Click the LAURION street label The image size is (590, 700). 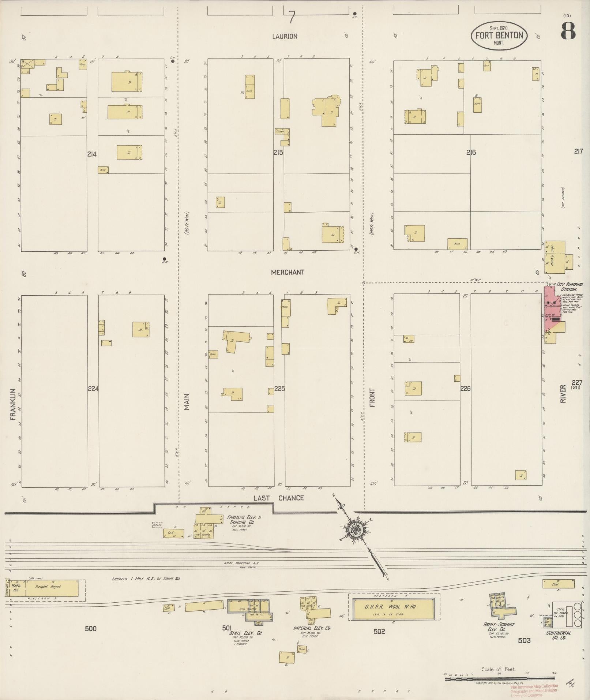pos(285,36)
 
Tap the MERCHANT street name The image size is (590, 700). pos(288,272)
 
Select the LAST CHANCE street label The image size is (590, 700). pos(279,498)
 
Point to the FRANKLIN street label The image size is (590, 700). pos(14,404)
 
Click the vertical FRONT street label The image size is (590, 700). pos(372,398)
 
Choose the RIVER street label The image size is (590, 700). pos(563,394)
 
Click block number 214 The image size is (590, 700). pos(92,154)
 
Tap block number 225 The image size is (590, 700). pos(279,389)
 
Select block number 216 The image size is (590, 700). pos(471,152)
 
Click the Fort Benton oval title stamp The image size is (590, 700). pos(499,35)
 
